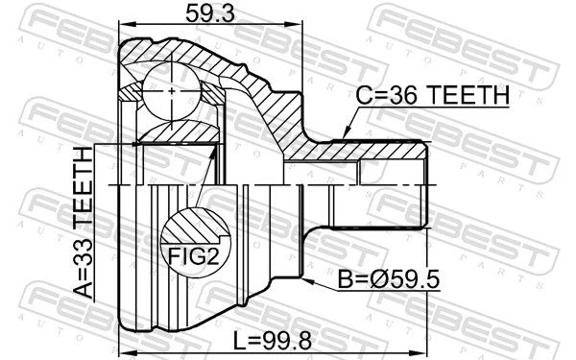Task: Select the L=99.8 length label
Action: [273, 340]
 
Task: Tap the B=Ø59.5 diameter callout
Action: [388, 279]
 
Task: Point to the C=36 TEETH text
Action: [432, 95]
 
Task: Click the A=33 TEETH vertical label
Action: [83, 223]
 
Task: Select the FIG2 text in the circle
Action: [194, 256]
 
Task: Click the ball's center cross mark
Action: [172, 91]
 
